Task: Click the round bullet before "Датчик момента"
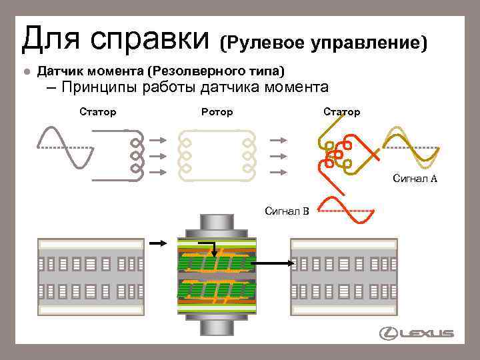click(25, 71)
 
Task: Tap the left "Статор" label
click(97, 112)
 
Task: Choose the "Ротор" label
click(217, 112)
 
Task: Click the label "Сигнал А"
click(415, 178)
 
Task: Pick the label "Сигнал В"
click(287, 211)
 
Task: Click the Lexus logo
click(416, 333)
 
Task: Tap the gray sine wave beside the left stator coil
click(61, 148)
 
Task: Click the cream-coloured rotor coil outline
click(217, 154)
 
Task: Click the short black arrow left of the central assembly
click(158, 244)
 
